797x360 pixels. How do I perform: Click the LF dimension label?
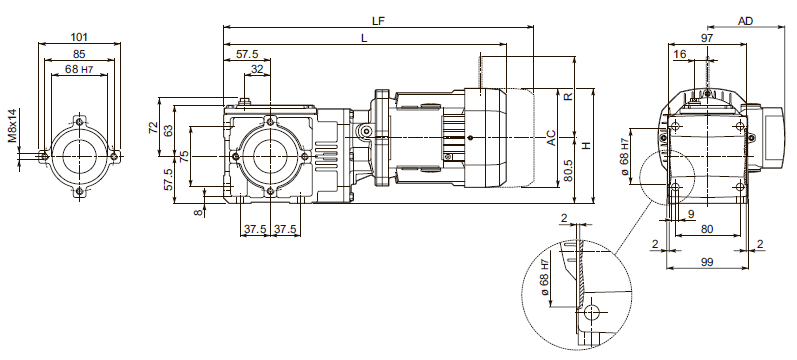coord(378,20)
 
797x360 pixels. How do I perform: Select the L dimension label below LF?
coord(364,39)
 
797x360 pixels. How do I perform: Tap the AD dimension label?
coord(745,21)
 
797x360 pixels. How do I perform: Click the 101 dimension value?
coord(79,37)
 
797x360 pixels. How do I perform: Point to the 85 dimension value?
coord(79,54)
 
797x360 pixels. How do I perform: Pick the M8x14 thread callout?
coord(13,125)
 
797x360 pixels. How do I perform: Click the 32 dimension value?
coord(257,69)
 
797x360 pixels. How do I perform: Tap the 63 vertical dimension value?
coord(168,129)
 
